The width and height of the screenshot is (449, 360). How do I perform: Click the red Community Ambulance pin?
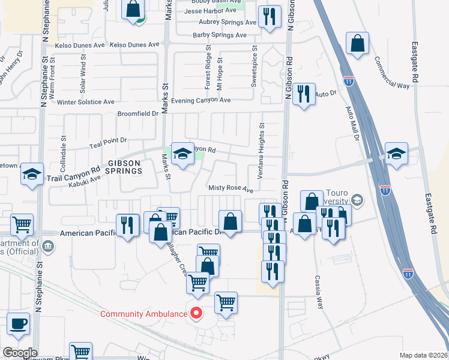point(196,313)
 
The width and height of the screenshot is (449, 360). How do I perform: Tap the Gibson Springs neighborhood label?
point(125,166)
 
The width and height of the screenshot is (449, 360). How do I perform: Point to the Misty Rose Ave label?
point(231,188)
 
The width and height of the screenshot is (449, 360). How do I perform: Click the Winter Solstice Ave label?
point(86,102)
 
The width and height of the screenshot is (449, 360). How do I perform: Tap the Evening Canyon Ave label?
point(201,100)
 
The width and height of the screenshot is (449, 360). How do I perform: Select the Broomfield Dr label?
point(138,113)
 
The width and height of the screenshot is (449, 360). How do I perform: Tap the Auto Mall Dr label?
point(352,122)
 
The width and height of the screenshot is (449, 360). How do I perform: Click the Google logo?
point(19,353)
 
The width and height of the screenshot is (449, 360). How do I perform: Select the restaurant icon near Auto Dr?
point(304,94)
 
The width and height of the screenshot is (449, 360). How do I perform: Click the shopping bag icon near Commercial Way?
point(358,43)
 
